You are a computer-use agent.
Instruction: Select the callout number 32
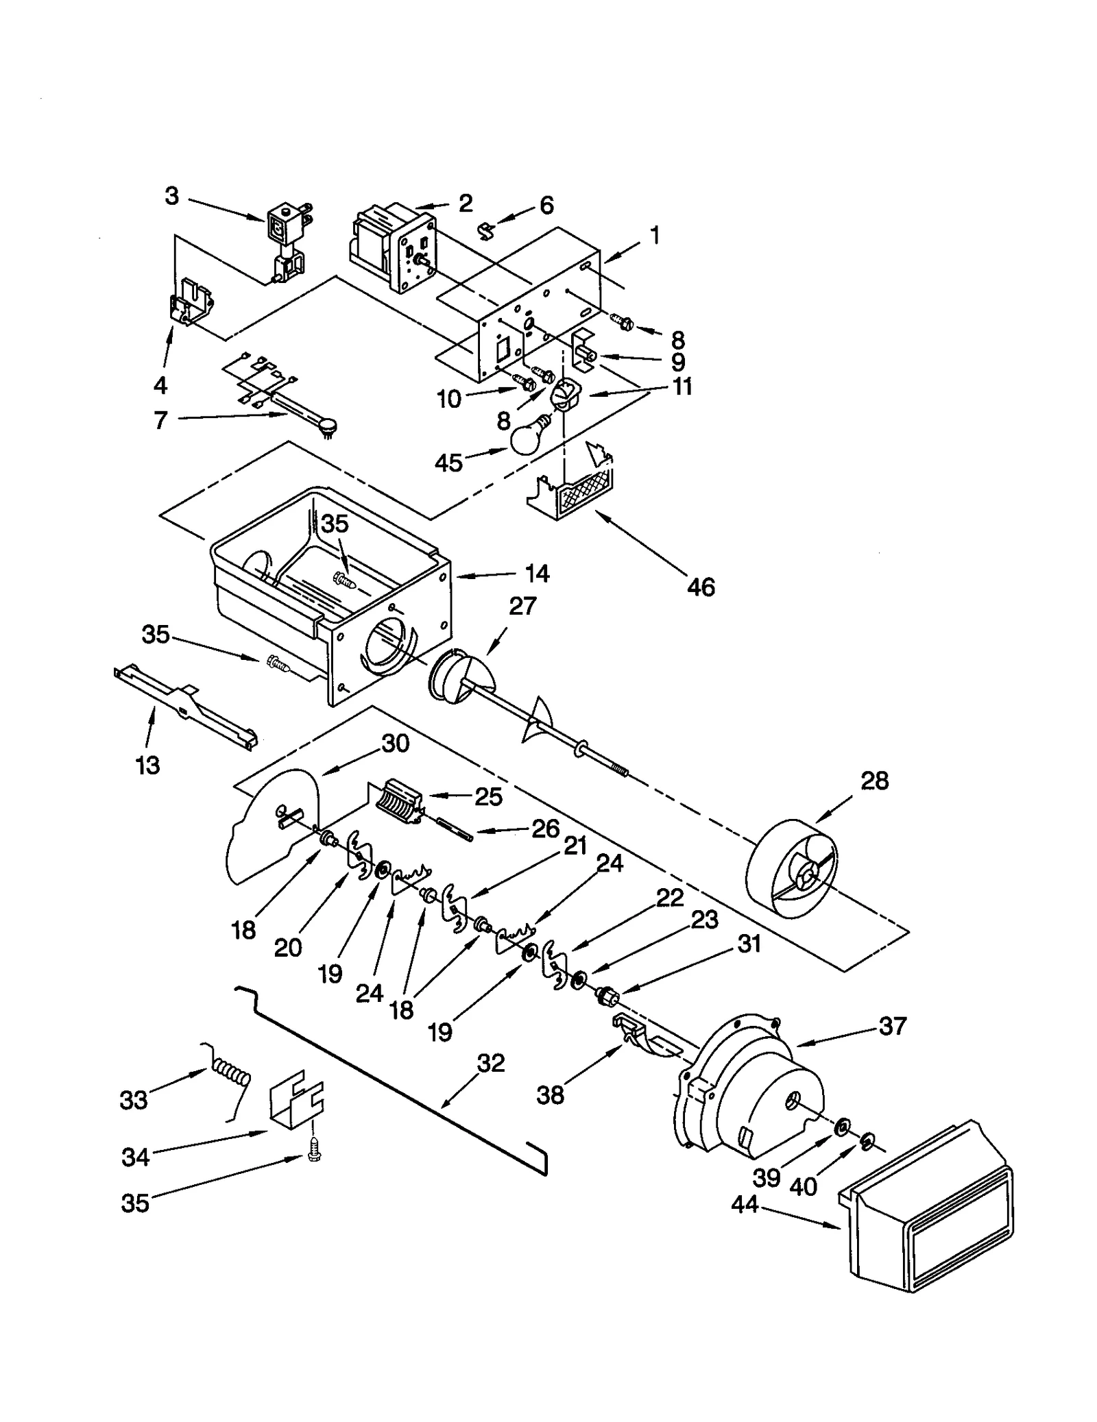[490, 1063]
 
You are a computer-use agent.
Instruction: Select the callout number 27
[522, 606]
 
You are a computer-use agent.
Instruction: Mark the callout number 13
[147, 764]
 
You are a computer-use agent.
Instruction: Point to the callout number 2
[466, 202]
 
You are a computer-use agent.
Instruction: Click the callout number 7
[160, 419]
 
